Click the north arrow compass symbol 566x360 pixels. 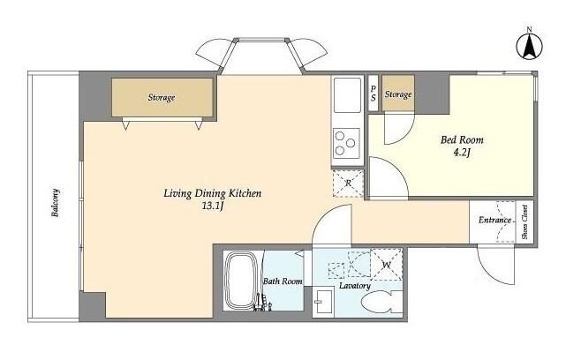click(529, 45)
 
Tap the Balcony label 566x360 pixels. click(56, 203)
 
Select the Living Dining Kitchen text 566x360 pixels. click(212, 193)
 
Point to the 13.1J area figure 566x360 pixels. click(214, 206)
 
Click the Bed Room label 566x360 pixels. click(462, 139)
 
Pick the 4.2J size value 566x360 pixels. click(462, 153)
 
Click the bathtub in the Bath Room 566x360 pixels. click(240, 281)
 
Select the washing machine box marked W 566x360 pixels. click(387, 265)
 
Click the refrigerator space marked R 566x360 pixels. click(348, 184)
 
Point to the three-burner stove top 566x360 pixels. click(346, 143)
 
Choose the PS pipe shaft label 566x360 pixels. click(374, 93)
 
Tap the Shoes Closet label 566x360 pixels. click(524, 221)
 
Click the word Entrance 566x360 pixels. click(494, 220)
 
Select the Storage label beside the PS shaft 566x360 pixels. click(398, 94)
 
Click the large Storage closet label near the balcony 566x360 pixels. click(162, 97)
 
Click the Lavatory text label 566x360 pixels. click(355, 286)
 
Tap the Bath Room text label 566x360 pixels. click(283, 281)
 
